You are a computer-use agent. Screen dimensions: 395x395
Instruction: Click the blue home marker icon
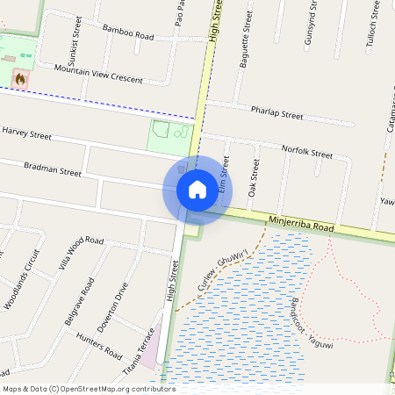[197, 189]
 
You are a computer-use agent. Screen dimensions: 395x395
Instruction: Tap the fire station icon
[19, 78]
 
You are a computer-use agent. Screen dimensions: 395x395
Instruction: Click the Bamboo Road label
[127, 32]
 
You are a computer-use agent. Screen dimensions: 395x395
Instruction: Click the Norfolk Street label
[307, 152]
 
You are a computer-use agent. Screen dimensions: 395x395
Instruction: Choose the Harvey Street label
[27, 134]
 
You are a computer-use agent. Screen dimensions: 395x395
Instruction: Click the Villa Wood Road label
[80, 252]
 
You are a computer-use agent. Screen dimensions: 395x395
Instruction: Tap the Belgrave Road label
[79, 302]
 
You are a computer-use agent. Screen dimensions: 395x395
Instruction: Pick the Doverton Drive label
[112, 307]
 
